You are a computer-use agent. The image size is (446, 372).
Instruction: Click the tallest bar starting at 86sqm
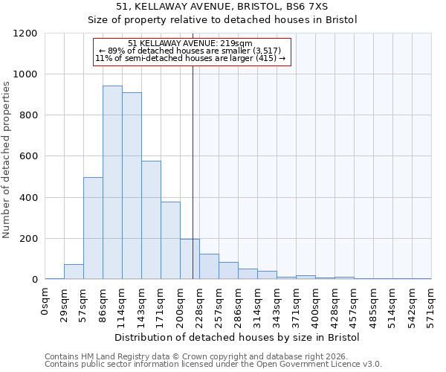click(112, 182)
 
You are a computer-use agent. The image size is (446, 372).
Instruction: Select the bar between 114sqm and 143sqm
click(132, 186)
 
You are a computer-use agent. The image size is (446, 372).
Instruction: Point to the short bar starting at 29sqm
click(74, 272)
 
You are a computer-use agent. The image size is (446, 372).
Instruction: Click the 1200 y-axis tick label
click(26, 33)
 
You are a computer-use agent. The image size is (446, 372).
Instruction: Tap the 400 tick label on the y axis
click(29, 198)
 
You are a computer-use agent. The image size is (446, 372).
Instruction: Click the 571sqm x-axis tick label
click(431, 304)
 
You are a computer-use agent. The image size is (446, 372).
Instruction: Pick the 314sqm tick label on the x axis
click(258, 304)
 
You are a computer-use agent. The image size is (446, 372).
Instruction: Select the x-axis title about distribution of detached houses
click(238, 337)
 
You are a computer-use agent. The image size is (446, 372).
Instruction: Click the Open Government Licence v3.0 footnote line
click(213, 364)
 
